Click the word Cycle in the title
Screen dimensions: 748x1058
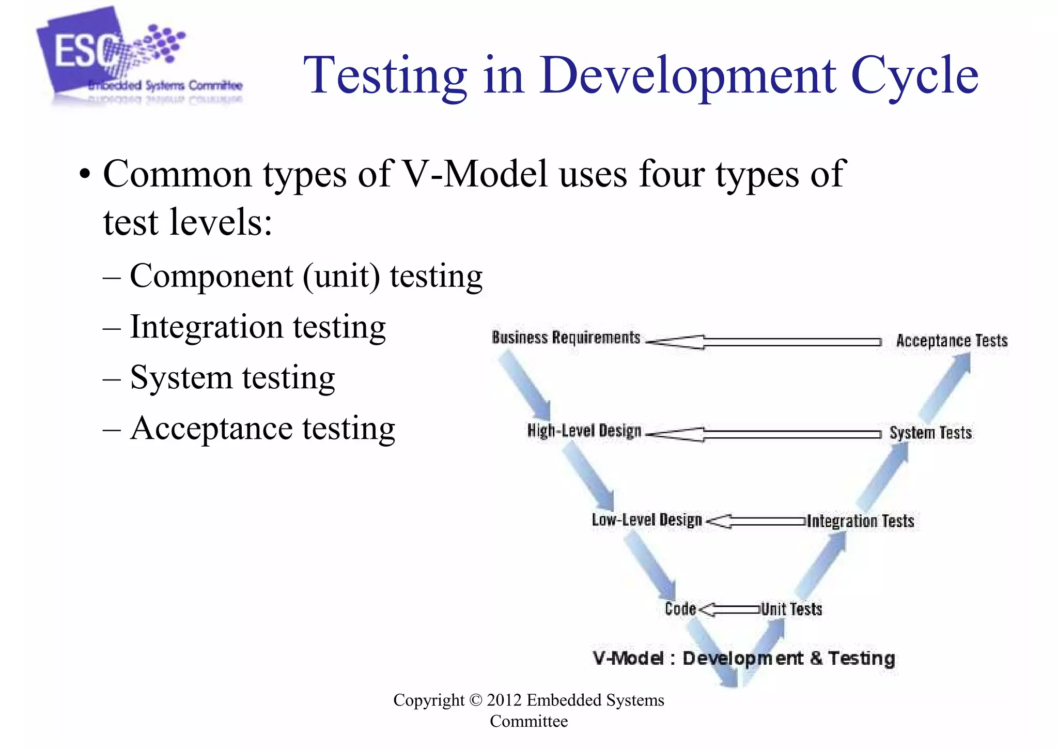[x=914, y=77]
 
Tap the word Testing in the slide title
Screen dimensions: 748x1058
[x=385, y=77]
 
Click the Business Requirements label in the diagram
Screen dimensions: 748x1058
[x=566, y=338]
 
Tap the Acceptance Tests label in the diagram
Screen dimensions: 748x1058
[x=952, y=341]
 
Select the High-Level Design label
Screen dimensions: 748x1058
[x=584, y=431]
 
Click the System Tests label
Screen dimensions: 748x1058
[x=930, y=433]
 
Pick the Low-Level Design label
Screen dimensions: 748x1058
[x=647, y=520]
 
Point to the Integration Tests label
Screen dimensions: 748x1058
[x=860, y=521]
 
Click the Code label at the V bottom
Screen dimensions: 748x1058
[x=680, y=609]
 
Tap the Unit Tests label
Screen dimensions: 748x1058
[x=791, y=609]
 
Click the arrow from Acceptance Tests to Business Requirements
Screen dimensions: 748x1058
[x=765, y=342]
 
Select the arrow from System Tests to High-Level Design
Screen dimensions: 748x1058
[x=765, y=434]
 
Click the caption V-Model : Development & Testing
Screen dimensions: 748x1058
[x=744, y=659]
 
